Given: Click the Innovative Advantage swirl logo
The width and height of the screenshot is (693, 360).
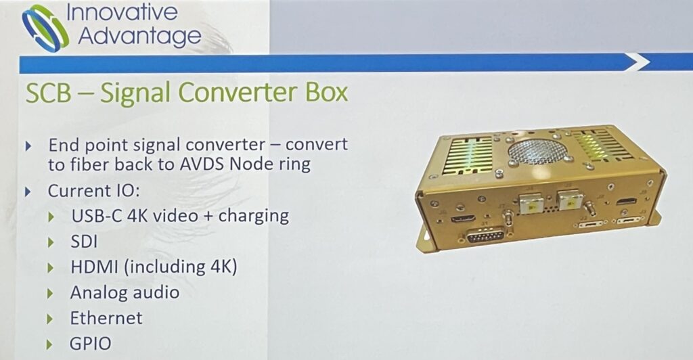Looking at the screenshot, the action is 45,28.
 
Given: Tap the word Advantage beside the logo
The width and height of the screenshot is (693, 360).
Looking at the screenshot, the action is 139,37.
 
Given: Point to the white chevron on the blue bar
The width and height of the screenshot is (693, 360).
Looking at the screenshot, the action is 638,62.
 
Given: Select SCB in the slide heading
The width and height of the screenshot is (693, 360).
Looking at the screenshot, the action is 48,93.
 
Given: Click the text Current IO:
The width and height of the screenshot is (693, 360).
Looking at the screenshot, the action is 93,191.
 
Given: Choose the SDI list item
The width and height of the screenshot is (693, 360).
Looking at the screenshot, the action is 84,241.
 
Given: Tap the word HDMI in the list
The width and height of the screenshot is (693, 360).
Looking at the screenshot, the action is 94,267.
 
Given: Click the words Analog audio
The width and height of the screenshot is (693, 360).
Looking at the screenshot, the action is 125,292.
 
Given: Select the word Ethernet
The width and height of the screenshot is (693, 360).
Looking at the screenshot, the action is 106,318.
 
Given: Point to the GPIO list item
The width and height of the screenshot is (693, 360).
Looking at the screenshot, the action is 91,344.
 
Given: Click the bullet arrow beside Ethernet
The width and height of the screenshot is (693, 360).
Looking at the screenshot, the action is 50,319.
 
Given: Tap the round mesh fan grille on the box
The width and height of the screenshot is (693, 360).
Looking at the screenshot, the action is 537,152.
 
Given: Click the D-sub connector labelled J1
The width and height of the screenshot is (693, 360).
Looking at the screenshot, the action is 486,235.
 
